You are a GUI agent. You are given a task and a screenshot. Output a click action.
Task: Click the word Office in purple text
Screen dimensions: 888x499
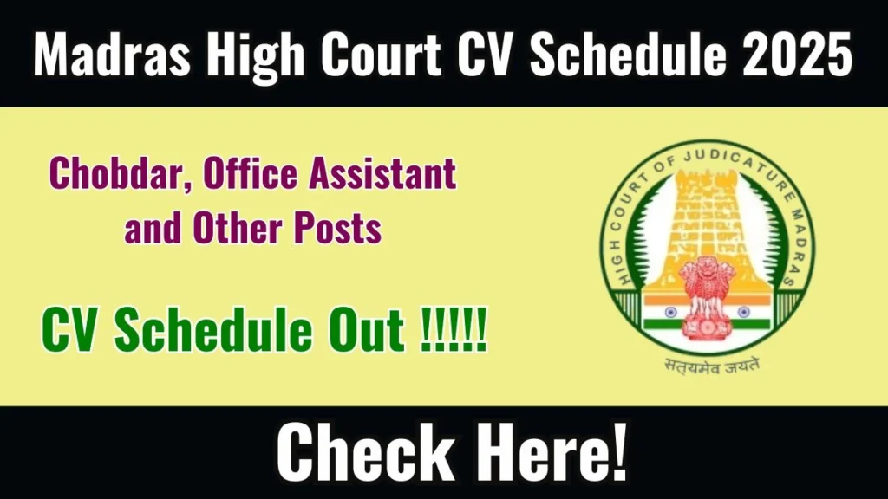click(x=250, y=172)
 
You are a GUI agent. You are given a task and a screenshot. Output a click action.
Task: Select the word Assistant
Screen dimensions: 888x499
click(x=382, y=172)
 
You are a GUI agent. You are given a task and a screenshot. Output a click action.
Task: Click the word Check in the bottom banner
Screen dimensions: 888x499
click(x=365, y=452)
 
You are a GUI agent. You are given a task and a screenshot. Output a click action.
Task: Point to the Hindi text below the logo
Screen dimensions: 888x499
click(x=711, y=366)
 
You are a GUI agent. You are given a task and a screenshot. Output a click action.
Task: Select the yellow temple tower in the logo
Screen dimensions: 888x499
click(x=708, y=226)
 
